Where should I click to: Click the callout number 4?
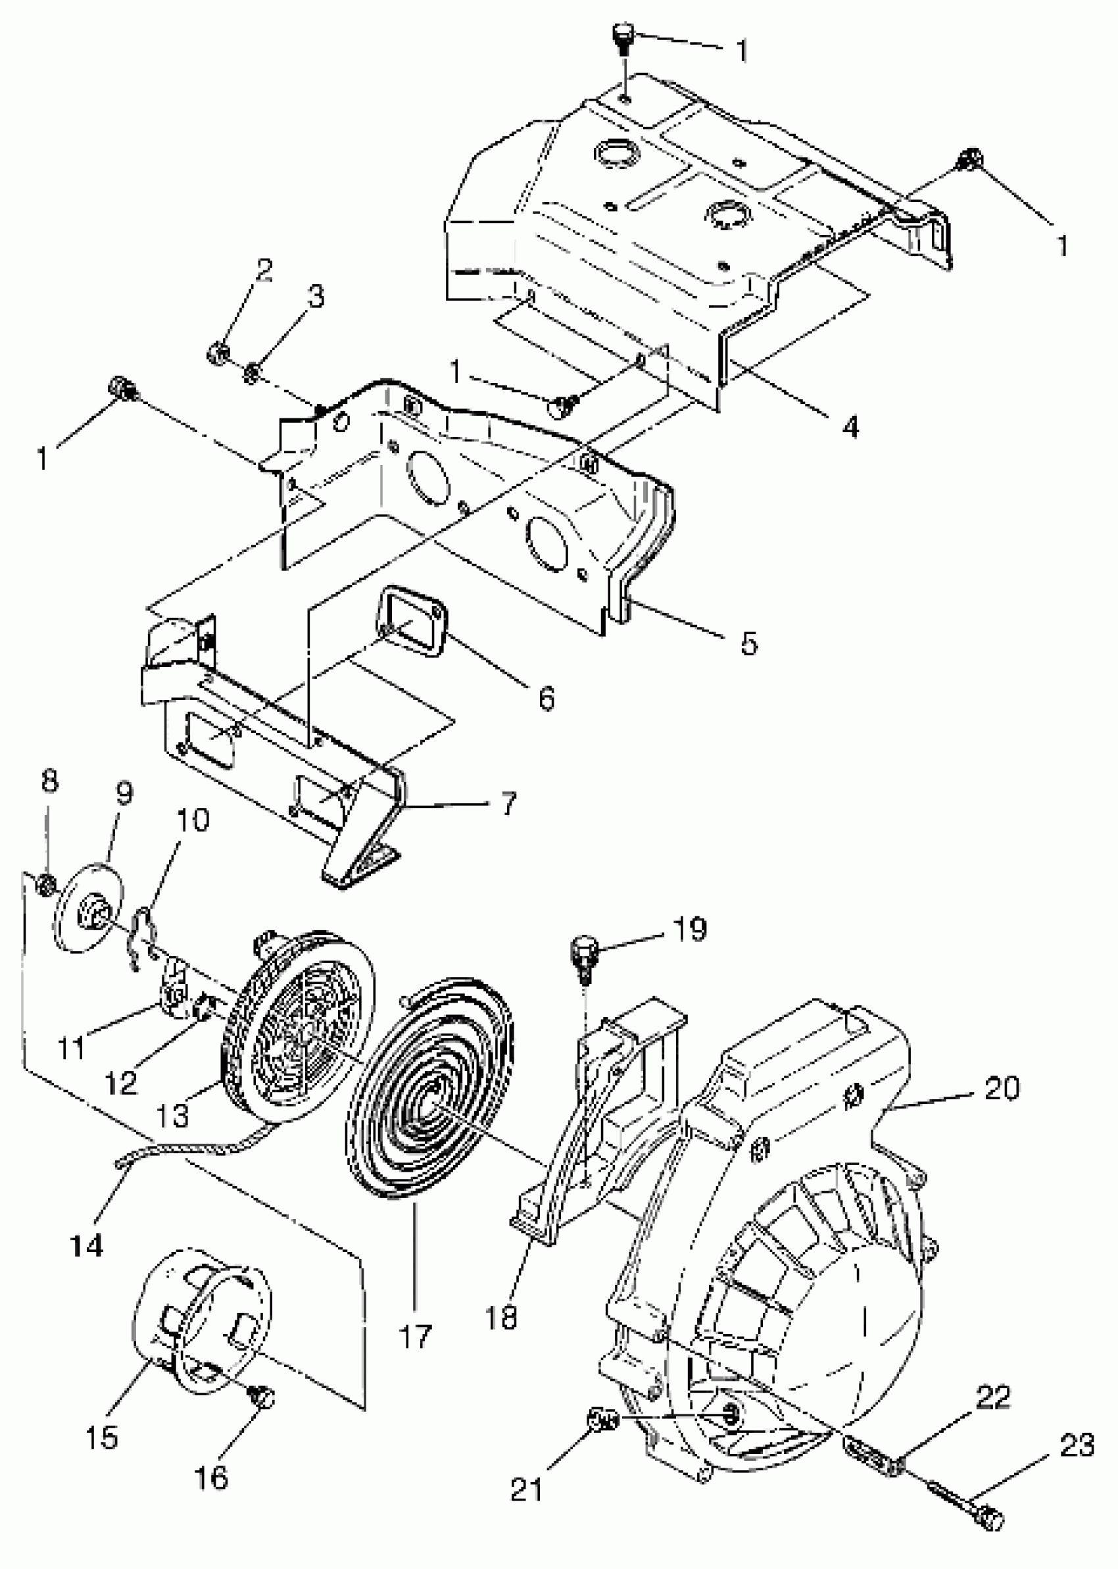(851, 427)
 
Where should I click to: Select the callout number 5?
(748, 643)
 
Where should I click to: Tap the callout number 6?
(546, 698)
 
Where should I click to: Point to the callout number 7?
(508, 803)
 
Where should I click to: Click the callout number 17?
(415, 1335)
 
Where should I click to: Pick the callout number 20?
(1001, 1089)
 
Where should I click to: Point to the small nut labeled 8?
(45, 885)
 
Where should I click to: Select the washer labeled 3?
(252, 372)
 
